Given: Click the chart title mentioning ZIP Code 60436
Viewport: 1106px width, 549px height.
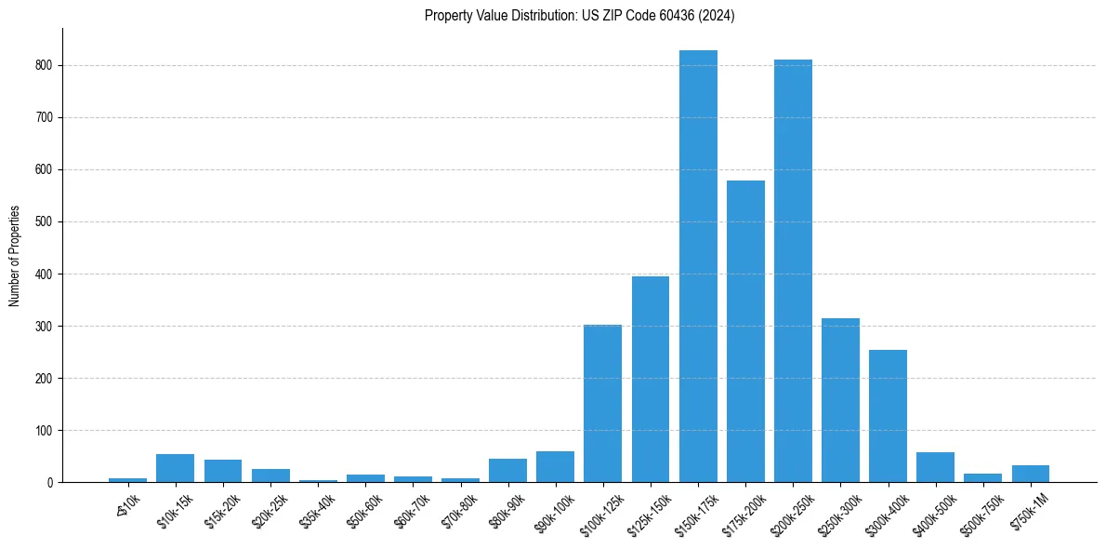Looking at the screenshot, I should pyautogui.click(x=579, y=16).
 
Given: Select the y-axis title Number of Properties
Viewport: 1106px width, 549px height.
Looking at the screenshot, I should pyautogui.click(x=15, y=256).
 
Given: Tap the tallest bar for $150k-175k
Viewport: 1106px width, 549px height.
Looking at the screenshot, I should pyautogui.click(x=698, y=266).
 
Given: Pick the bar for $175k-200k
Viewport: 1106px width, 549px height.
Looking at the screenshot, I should pyautogui.click(x=745, y=331).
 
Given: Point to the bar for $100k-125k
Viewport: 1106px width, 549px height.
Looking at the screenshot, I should pyautogui.click(x=602, y=403).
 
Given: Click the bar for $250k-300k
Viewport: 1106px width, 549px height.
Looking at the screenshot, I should pyautogui.click(x=840, y=400).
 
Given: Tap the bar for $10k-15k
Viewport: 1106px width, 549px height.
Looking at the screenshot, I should pyautogui.click(x=175, y=468).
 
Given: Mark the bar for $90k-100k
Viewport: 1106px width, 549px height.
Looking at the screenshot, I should pyautogui.click(x=555, y=466).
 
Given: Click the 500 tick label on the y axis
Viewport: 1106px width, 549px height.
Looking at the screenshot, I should pyautogui.click(x=45, y=222).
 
